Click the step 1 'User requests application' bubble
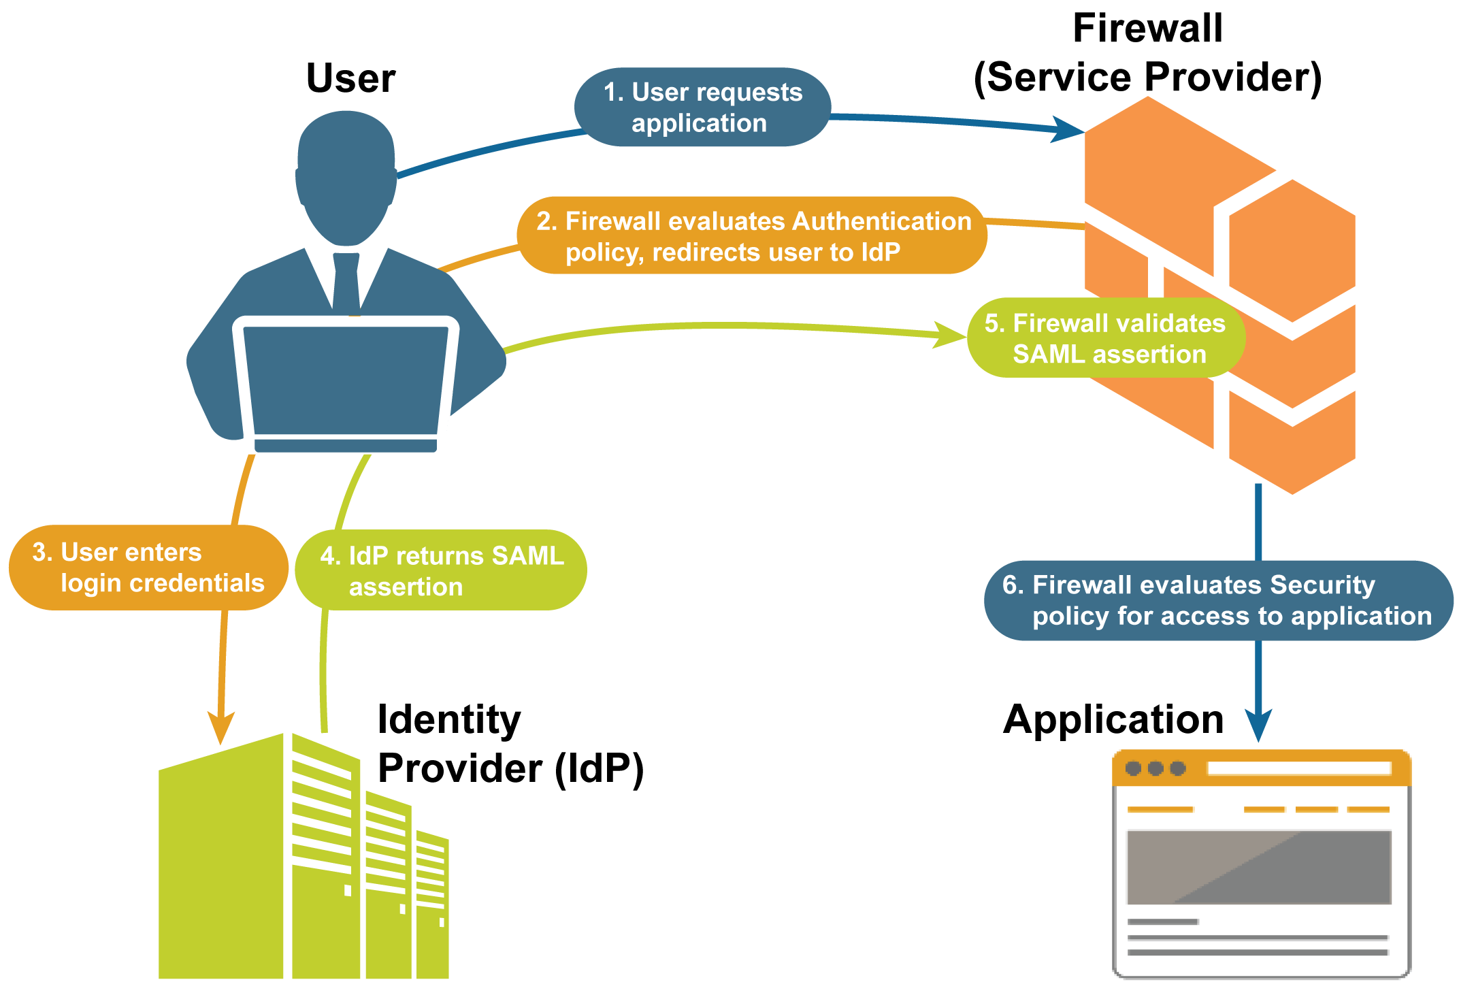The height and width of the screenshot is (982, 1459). (x=702, y=108)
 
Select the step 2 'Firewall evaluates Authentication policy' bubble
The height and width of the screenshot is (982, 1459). (x=752, y=236)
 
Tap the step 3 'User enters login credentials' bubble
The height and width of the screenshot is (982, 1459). (x=148, y=568)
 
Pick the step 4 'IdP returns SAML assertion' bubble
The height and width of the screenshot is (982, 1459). (x=441, y=570)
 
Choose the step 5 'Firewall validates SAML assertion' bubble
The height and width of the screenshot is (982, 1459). (x=1106, y=338)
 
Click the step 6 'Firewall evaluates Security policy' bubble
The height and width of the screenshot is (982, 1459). (x=1217, y=600)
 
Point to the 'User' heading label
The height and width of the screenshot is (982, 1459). (x=350, y=78)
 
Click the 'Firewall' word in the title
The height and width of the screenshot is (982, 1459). (x=1147, y=29)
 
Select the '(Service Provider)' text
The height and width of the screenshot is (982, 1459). (x=1147, y=77)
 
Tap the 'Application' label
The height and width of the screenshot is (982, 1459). (x=1113, y=719)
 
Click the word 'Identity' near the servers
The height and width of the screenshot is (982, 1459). (x=449, y=720)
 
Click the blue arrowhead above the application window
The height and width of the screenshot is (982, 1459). (x=1258, y=724)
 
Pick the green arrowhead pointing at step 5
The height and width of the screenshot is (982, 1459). (x=949, y=334)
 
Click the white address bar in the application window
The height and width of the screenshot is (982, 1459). (x=1298, y=768)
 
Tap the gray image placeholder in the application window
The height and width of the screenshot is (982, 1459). (x=1258, y=867)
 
